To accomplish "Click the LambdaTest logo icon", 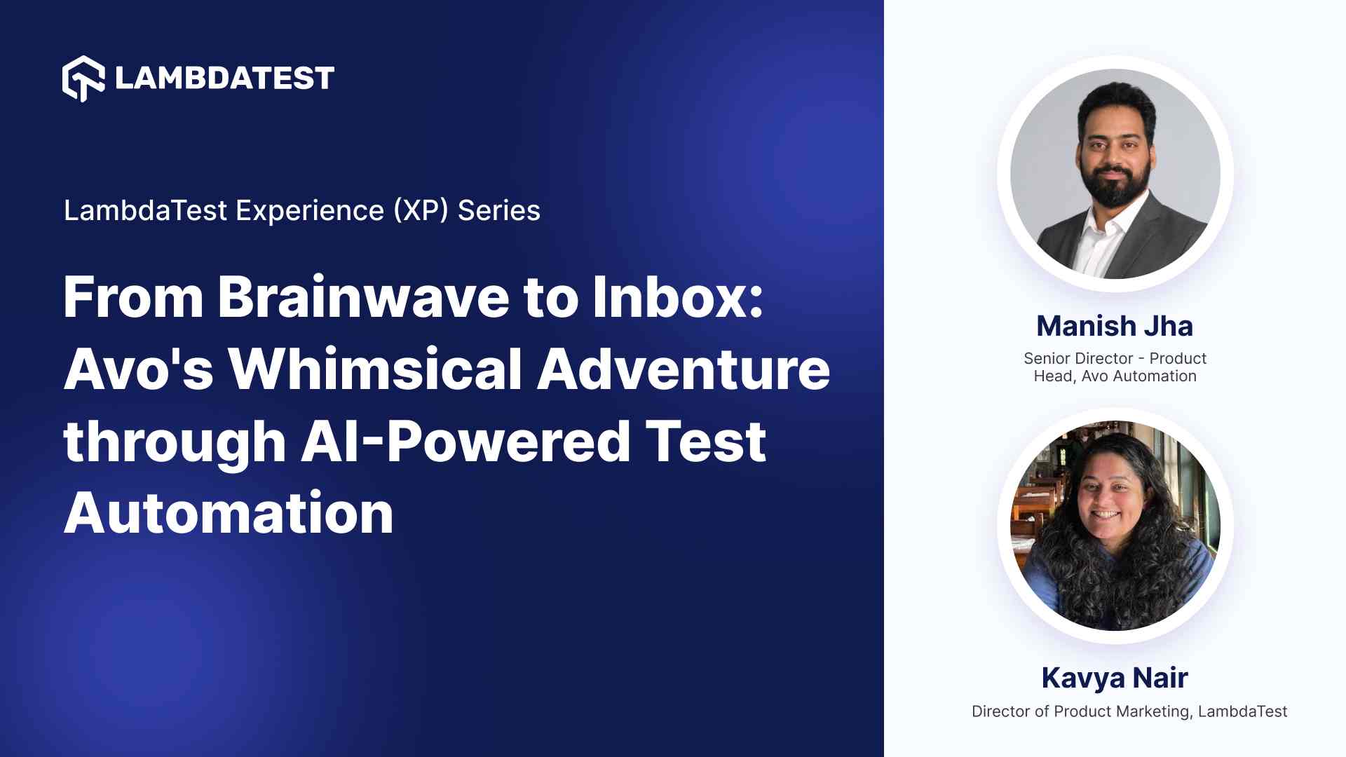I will [83, 79].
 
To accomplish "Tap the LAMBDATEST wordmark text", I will [224, 79].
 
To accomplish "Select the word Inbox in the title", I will [677, 297].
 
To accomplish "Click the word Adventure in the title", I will [684, 369].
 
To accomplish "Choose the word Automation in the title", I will [229, 514].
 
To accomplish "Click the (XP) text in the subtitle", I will [421, 210].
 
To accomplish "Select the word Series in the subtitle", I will [499, 210].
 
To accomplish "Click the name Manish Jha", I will [1115, 327].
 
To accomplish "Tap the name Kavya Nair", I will [1115, 678].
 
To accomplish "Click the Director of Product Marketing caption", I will [1081, 711].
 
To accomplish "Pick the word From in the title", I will [133, 297].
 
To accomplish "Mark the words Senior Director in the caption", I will [1078, 359].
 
